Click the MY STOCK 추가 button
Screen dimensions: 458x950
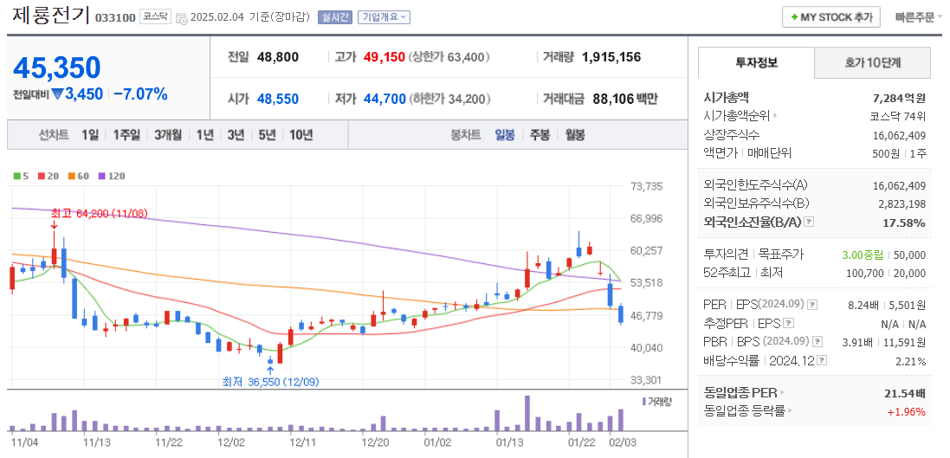click(x=831, y=16)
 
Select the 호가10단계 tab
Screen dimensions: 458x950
click(x=873, y=62)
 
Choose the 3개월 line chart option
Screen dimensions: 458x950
click(x=168, y=135)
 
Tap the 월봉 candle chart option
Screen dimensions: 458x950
click(x=575, y=135)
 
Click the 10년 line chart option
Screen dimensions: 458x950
click(x=301, y=135)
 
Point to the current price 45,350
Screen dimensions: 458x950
click(x=57, y=68)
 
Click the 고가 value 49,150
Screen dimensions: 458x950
click(x=384, y=57)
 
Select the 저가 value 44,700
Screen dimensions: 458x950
click(x=384, y=99)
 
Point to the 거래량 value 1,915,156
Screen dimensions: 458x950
click(x=611, y=57)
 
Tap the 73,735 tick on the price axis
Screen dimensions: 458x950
click(x=647, y=186)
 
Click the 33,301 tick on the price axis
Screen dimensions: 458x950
click(x=647, y=380)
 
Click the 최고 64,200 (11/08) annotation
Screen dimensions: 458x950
click(x=99, y=213)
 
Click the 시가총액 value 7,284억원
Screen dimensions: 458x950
click(x=899, y=98)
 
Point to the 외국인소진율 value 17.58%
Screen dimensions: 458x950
click(x=905, y=223)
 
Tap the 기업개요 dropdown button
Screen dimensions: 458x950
click(x=384, y=17)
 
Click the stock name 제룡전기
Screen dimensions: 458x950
click(x=50, y=16)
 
